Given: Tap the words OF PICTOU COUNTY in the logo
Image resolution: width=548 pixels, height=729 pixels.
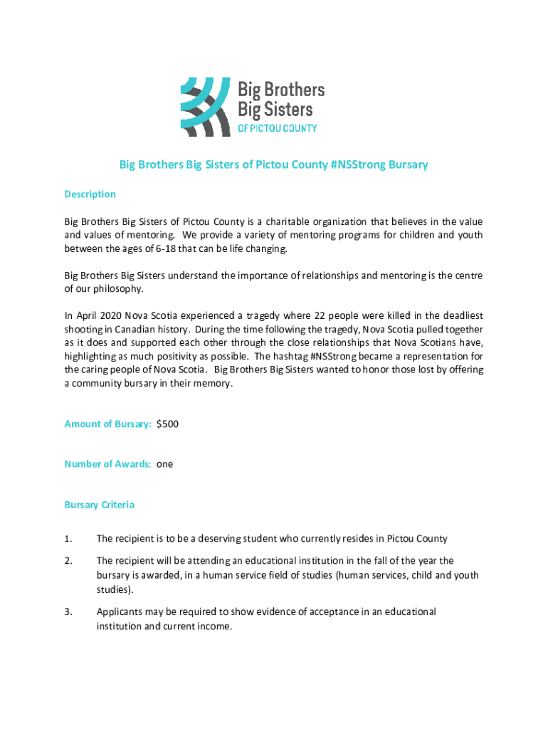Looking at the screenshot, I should pos(276,129).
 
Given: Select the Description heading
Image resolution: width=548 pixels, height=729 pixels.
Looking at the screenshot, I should pos(90,194).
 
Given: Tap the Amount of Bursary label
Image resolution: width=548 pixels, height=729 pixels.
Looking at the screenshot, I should pos(107,424).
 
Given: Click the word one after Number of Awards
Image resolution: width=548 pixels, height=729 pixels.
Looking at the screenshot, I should pos(164,464).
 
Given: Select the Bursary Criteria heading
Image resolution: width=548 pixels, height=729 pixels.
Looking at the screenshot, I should pos(99,505).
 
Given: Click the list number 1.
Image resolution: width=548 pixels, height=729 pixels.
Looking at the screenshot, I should pos(68,538).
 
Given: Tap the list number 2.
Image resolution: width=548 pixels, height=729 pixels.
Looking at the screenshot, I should pos(68,561).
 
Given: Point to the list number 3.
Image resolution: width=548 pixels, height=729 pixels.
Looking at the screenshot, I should pos(68,612).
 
